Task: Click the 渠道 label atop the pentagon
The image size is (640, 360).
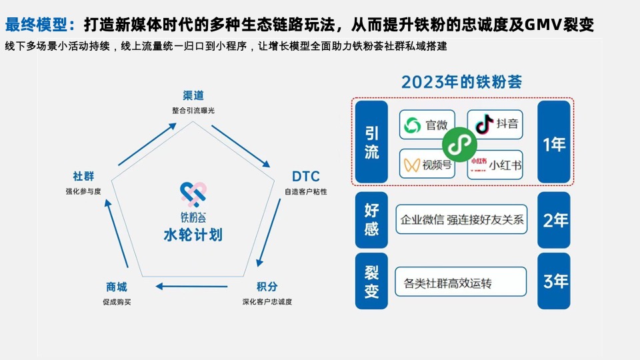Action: coord(193,95)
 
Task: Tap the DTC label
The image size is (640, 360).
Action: coord(305,177)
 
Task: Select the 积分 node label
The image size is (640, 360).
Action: coord(267,287)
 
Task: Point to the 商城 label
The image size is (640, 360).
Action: coord(116,287)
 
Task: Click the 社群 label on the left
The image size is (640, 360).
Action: coord(83,177)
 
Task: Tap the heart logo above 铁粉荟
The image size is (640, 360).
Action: coord(193,193)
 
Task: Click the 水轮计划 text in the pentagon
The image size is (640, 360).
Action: coord(193,235)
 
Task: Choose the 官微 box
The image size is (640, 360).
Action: coord(427,125)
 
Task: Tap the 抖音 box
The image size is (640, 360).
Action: coord(495,125)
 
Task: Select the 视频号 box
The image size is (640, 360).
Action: coord(427,164)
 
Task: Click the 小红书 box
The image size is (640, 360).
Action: coord(495,164)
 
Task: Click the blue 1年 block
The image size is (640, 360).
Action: coord(554,143)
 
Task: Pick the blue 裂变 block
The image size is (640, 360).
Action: coord(371,281)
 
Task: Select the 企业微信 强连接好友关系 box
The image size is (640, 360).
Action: coord(461,219)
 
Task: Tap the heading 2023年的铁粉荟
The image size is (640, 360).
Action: coord(461,83)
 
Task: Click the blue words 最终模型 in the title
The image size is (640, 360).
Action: coord(41,25)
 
